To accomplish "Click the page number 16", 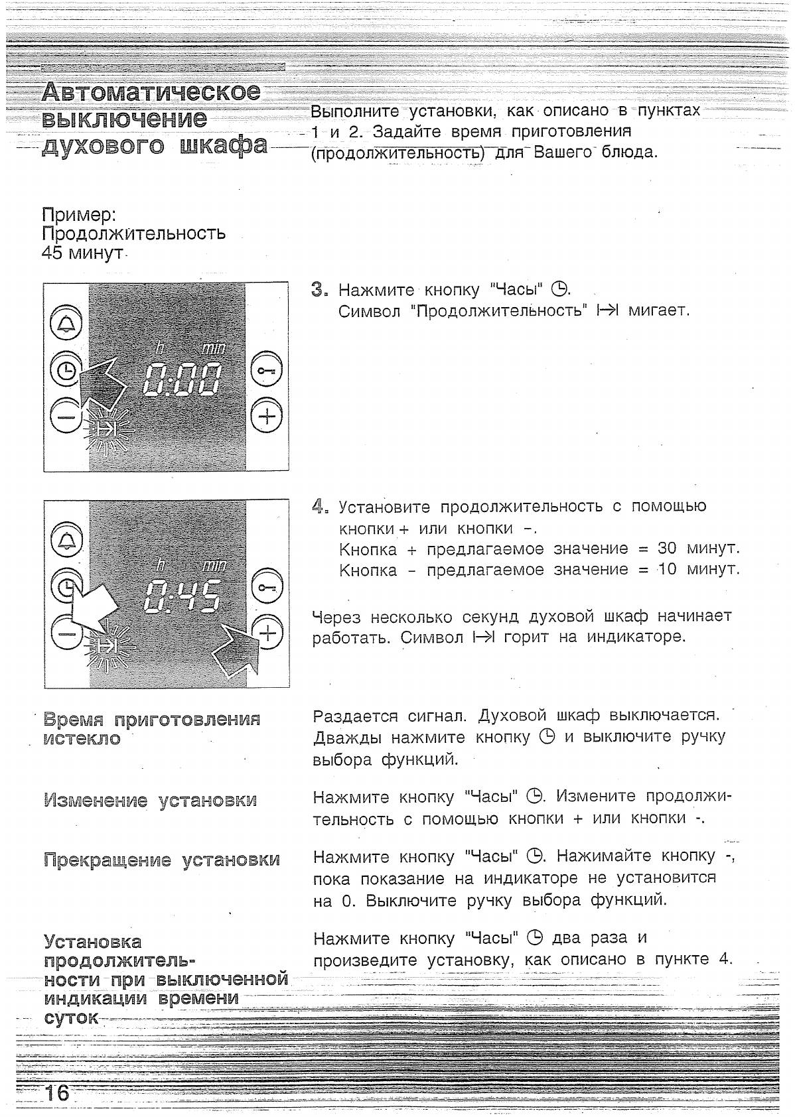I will pos(57,1092).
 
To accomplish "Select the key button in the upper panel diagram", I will pos(267,373).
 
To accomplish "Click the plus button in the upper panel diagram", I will pos(267,417).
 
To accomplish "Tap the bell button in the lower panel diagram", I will pos(66,543).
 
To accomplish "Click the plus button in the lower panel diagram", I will pos(267,633).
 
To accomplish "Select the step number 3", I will pos(319,289).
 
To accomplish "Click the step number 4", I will pos(319,507).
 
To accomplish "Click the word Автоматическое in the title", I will pos(151,92).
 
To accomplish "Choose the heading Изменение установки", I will pos(150,801).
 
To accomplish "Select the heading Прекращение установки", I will pos(162,860).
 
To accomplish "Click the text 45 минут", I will pos(83,253).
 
